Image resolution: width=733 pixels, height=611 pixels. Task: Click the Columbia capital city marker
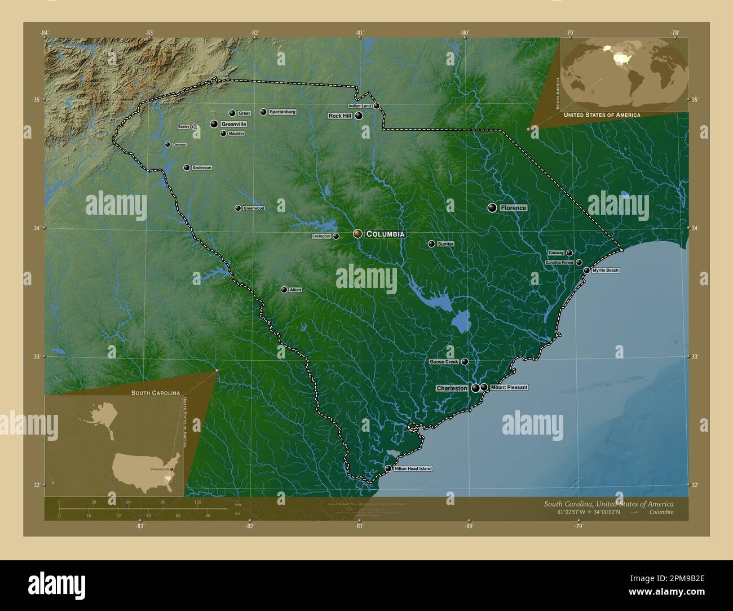click(357, 233)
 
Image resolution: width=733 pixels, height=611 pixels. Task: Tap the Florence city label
click(513, 208)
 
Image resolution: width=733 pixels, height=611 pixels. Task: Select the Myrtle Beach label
click(606, 271)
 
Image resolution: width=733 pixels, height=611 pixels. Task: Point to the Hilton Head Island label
click(413, 469)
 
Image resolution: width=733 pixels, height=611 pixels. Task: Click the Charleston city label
click(452, 388)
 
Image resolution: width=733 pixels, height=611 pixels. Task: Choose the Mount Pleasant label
click(509, 387)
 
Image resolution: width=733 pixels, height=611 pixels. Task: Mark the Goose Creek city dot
click(465, 361)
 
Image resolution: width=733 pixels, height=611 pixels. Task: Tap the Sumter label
click(445, 244)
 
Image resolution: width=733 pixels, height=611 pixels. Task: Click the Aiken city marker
click(284, 290)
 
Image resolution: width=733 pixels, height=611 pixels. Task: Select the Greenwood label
click(254, 208)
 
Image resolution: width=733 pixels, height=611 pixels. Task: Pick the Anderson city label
click(202, 168)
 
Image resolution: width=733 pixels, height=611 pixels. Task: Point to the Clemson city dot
click(167, 145)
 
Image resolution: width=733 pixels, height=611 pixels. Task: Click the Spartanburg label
click(282, 112)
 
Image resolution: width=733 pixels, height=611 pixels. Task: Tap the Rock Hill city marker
click(359, 116)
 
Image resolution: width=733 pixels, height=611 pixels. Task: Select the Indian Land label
click(360, 106)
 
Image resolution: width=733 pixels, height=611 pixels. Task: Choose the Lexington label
click(321, 237)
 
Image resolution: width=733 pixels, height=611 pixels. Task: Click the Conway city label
click(556, 253)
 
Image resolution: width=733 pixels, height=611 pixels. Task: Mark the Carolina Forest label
click(559, 263)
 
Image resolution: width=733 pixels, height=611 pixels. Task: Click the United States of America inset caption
click(602, 115)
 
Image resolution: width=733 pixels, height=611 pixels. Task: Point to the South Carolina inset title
click(156, 392)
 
